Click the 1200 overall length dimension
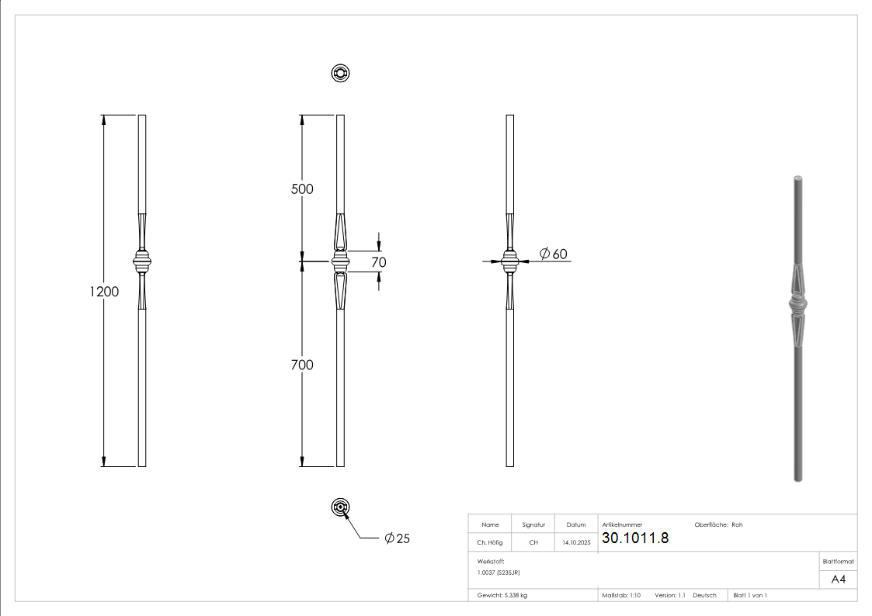coord(104,292)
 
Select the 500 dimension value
coord(302,189)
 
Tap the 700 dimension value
coord(302,365)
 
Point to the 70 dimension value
coord(378,262)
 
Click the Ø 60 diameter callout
coord(553,254)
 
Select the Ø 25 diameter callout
coord(397,538)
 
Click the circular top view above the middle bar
coord(340,74)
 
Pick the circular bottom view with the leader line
coord(340,507)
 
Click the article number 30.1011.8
coord(634,538)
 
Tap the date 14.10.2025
coord(576,543)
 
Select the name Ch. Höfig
coord(490,543)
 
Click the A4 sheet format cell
coord(838,580)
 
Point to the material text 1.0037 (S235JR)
coord(499,572)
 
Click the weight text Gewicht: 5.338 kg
coord(502,595)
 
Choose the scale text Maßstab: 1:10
coord(621,595)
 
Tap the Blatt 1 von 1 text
coord(750,595)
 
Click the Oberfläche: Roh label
coord(718,524)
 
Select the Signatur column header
coord(533,524)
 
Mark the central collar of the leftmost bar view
coord(142,261)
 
